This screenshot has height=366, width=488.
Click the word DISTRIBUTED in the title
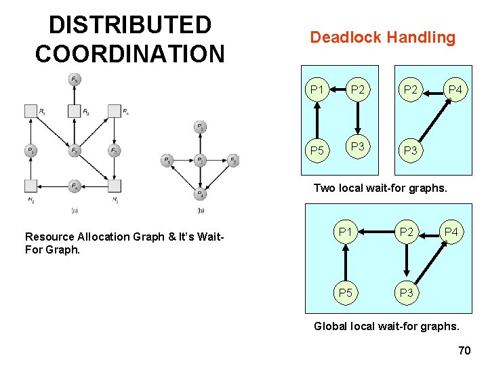(x=130, y=25)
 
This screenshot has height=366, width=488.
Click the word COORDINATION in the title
(x=130, y=54)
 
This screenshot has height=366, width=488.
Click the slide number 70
(x=464, y=350)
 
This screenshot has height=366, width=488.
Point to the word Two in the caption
(x=324, y=188)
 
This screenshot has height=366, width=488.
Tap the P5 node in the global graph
(x=346, y=293)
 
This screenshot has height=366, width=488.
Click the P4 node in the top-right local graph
(x=455, y=90)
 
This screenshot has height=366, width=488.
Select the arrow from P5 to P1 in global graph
(x=346, y=263)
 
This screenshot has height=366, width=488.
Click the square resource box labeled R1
(x=30, y=110)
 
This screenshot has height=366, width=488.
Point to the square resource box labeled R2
(x=30, y=186)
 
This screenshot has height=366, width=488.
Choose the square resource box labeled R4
(x=115, y=110)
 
